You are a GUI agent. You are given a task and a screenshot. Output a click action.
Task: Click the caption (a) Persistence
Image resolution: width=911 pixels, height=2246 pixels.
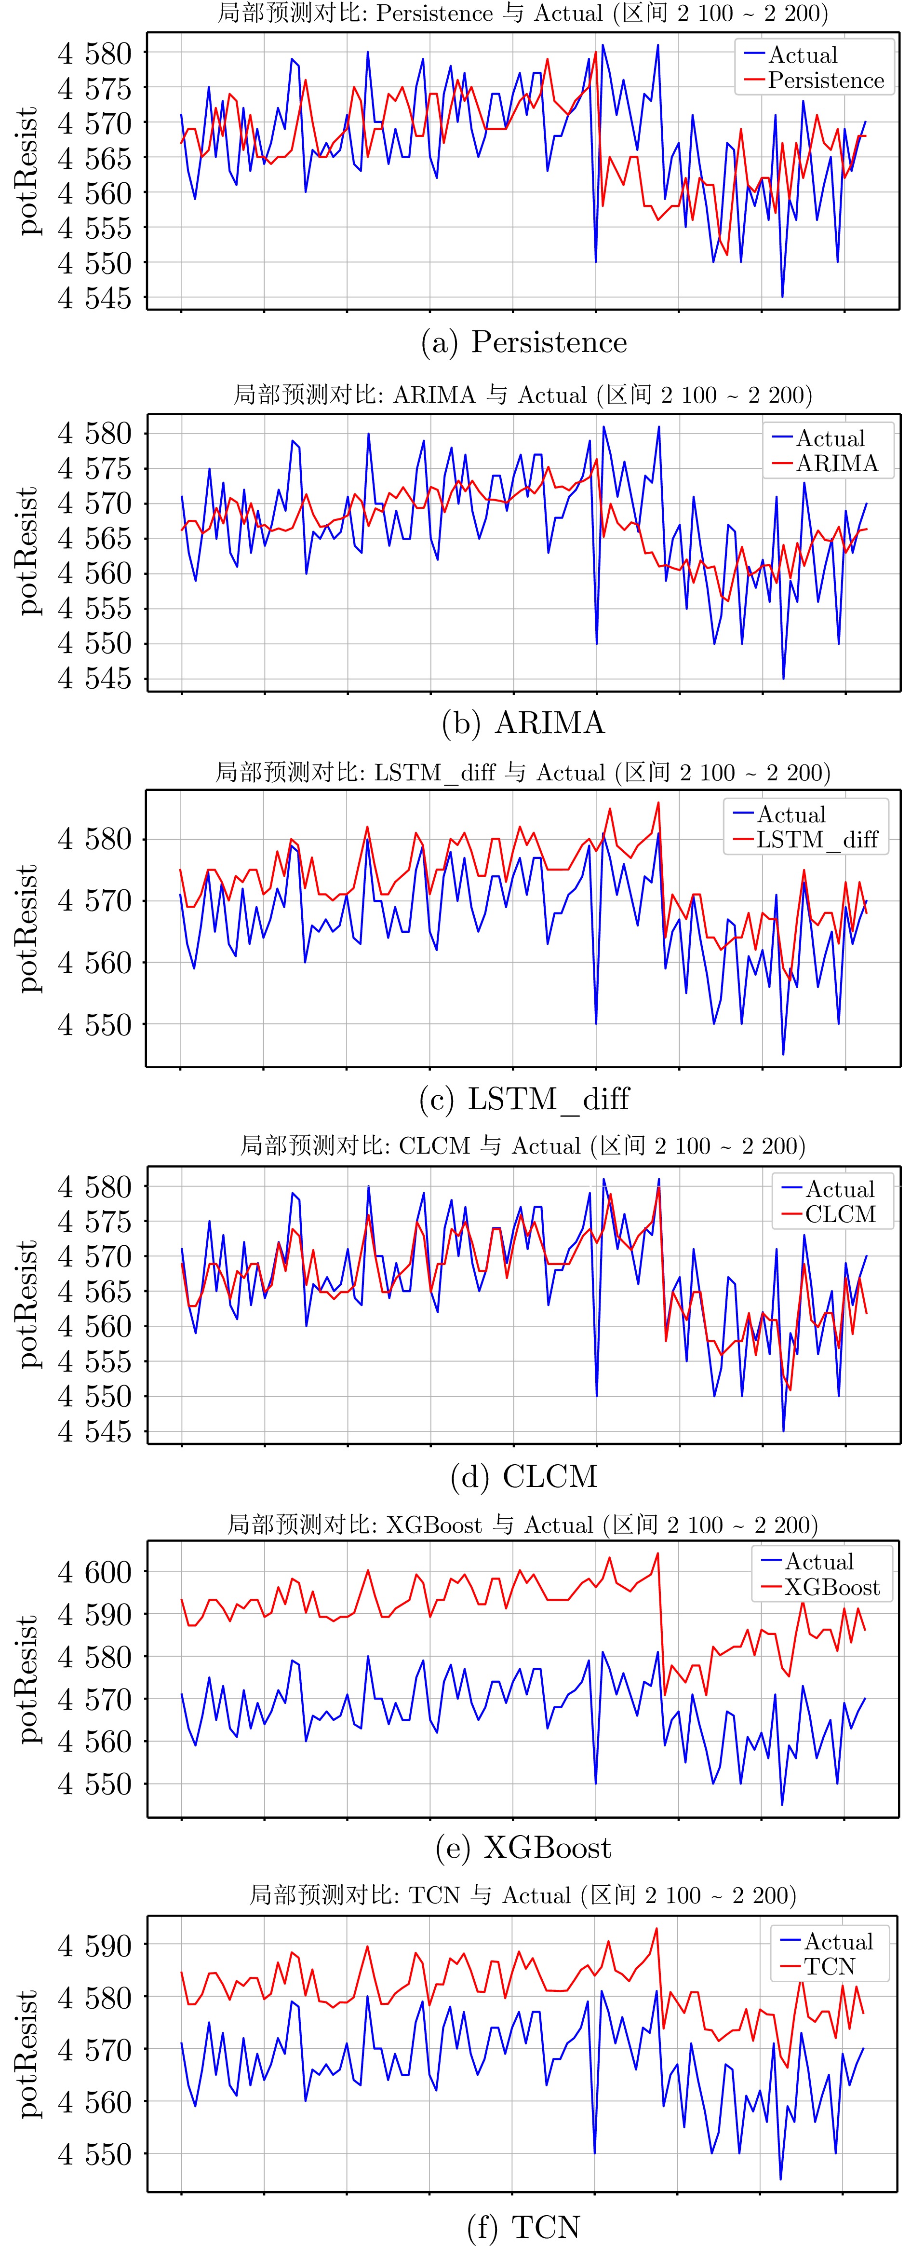pyautogui.click(x=523, y=342)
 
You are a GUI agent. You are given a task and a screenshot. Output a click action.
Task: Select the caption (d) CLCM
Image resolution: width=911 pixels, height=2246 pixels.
pyautogui.click(x=523, y=1476)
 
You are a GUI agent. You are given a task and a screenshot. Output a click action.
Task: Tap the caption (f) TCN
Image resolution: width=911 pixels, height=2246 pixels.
pyautogui.click(x=523, y=2226)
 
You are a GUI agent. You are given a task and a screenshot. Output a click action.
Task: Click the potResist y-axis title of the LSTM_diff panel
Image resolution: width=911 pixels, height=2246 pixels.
pyautogui.click(x=29, y=928)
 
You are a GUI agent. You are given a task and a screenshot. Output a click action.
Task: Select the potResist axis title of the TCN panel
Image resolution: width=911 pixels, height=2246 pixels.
pyautogui.click(x=29, y=2053)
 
